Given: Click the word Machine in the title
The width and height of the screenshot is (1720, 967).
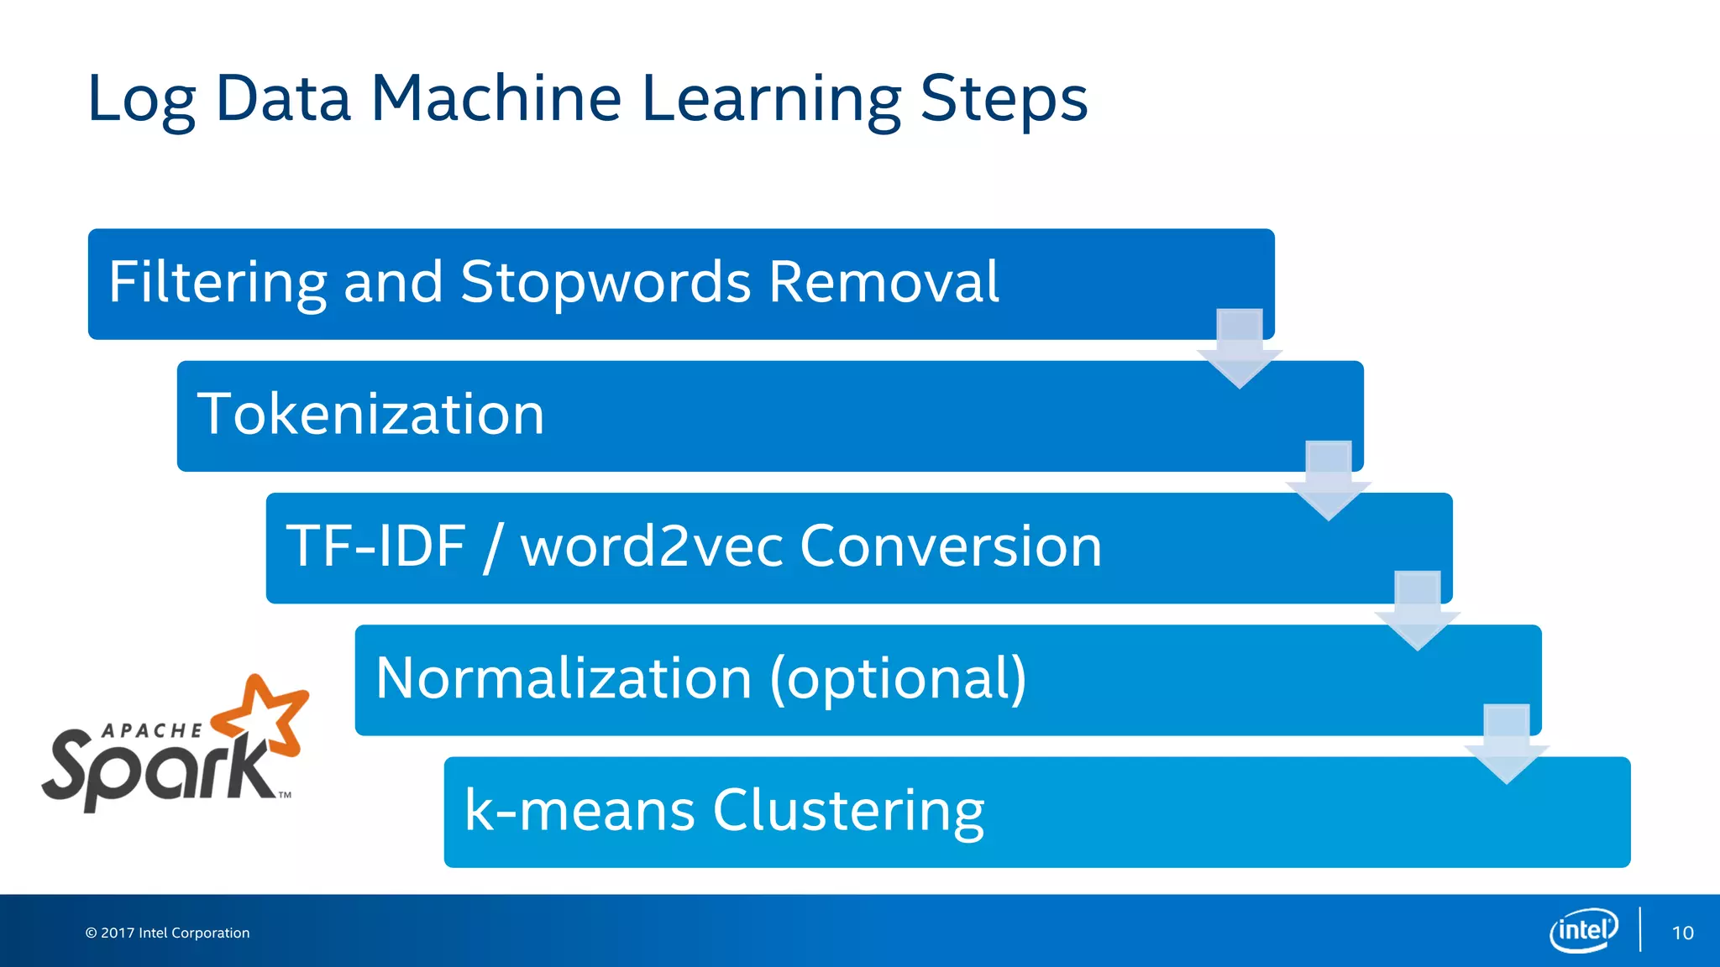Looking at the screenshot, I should [496, 99].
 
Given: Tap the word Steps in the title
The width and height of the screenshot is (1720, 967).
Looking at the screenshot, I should [1004, 99].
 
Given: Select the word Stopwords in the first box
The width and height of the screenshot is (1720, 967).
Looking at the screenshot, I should [606, 282].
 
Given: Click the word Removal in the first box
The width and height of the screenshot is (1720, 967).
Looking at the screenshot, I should [884, 282].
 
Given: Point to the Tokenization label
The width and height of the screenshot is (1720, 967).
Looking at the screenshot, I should [370, 415].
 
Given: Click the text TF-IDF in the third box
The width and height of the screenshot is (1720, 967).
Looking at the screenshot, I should [375, 546].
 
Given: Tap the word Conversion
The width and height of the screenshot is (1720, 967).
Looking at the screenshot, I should [950, 546].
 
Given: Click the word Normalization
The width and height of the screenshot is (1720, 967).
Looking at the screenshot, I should [563, 678].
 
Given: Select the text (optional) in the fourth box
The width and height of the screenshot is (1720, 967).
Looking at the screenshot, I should [898, 678].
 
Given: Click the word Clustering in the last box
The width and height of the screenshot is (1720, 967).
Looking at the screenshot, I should [848, 811].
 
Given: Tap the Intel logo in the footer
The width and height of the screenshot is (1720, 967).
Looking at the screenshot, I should [1583, 931].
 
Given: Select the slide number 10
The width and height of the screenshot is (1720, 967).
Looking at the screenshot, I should [1682, 933].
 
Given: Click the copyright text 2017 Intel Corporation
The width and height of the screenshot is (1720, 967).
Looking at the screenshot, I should [168, 933].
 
